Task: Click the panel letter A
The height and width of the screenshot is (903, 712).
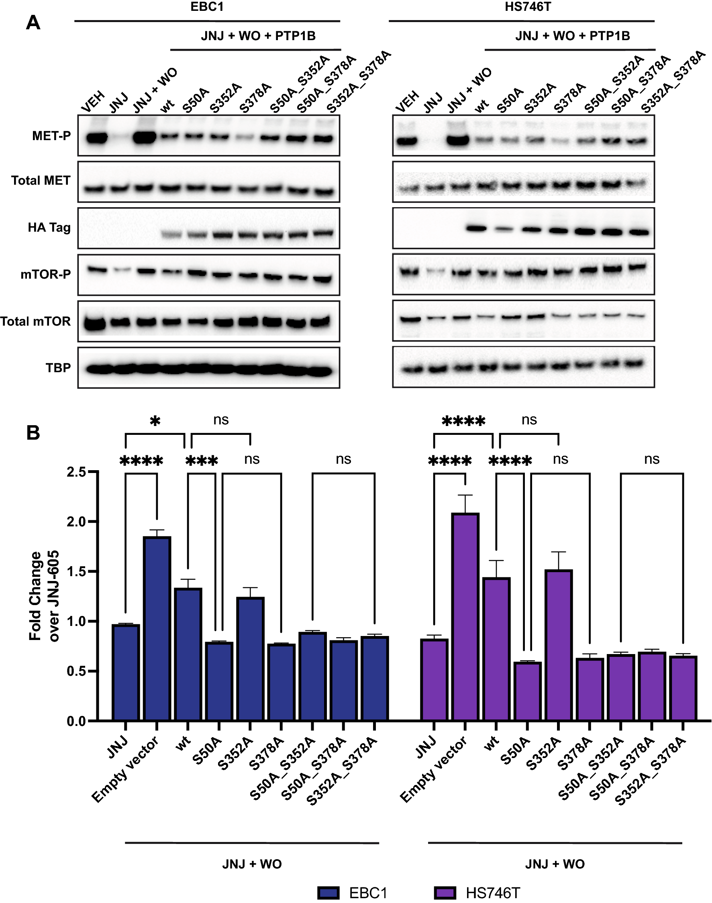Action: tap(33, 23)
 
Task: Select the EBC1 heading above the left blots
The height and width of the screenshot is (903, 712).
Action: tap(207, 7)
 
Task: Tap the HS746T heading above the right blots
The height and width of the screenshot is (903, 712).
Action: tap(527, 7)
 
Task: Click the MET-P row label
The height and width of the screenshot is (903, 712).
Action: tap(51, 136)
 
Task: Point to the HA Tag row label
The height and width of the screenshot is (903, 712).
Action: tap(49, 228)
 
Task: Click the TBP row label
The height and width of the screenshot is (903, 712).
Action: tap(58, 368)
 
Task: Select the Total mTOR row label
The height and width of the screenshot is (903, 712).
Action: tap(35, 321)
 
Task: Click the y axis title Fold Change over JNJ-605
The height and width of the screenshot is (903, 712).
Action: tap(43, 596)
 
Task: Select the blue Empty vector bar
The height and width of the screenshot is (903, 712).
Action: tap(157, 629)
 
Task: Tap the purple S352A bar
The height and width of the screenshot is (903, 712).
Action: tap(559, 646)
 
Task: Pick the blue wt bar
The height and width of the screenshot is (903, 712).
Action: tap(188, 654)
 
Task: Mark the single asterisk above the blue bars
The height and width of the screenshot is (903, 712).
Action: tap(155, 421)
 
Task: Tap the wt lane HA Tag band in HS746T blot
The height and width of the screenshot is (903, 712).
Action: tap(476, 228)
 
